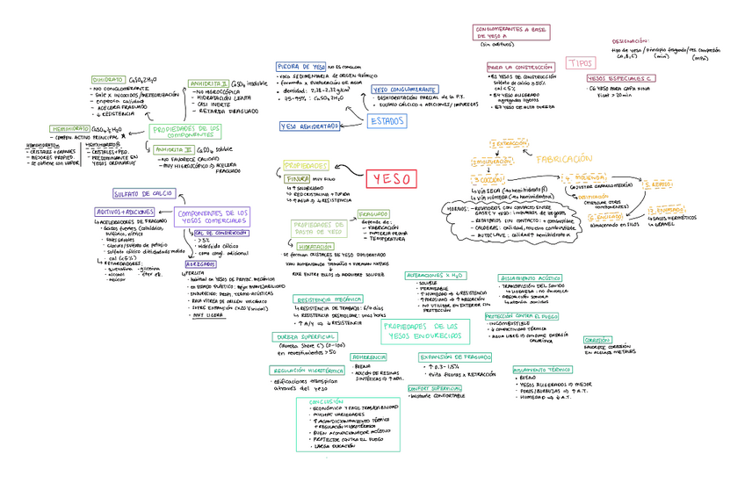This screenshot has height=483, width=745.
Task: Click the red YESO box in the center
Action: tap(392, 178)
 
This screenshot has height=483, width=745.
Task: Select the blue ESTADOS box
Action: tap(387, 120)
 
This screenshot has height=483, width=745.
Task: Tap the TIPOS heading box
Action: tap(581, 63)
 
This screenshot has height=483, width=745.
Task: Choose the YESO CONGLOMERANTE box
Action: tap(404, 89)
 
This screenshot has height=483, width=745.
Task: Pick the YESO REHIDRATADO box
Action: tap(309, 126)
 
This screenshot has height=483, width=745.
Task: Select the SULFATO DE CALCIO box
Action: tap(143, 193)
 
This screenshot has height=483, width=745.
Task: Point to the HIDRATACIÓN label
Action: tap(314, 248)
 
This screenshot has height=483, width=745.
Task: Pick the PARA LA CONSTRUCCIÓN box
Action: tap(520, 67)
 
